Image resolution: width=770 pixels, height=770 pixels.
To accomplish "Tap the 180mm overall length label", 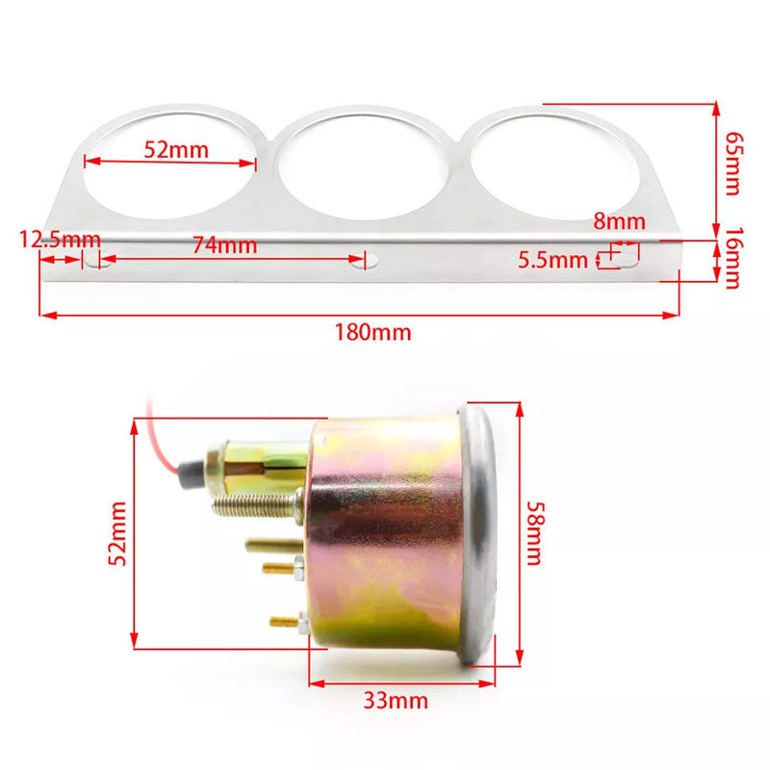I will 372,333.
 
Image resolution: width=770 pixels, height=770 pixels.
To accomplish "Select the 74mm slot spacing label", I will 224,245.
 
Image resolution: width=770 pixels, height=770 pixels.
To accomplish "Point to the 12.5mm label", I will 60,239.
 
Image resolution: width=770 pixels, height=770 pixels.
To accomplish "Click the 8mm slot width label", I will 619,221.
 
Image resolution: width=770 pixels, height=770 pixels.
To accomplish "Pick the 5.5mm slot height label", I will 552,259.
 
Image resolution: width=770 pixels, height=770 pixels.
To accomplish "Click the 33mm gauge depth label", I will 397,700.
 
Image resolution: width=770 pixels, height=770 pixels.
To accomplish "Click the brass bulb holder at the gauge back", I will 255,457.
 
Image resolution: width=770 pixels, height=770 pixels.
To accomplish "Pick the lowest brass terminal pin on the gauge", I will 287,621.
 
